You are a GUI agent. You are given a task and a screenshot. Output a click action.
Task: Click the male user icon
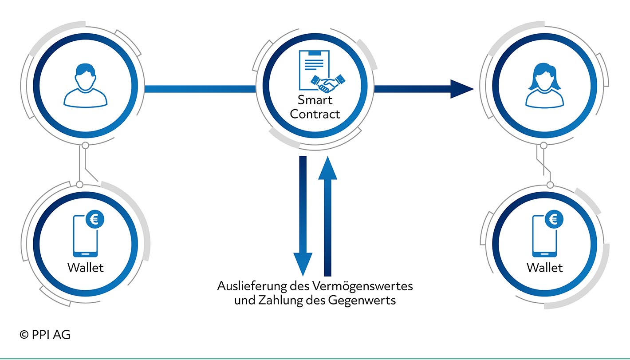click(86, 86)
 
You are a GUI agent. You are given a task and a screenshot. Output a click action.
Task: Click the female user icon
click(544, 86)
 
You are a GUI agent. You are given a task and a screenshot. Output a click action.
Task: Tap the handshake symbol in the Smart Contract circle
click(328, 83)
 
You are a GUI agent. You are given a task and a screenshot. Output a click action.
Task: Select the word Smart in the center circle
click(315, 100)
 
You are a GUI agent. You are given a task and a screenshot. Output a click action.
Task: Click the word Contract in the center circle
click(315, 114)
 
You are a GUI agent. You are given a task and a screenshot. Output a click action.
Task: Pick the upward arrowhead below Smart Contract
click(328, 168)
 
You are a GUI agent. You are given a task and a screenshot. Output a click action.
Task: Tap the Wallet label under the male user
click(86, 267)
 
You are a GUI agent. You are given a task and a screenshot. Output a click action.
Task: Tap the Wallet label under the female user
click(544, 267)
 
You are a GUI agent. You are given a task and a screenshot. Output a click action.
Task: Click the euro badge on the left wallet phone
click(95, 219)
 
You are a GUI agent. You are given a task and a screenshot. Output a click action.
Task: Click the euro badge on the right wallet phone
click(554, 219)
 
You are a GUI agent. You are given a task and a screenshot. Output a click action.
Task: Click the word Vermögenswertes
click(362, 286)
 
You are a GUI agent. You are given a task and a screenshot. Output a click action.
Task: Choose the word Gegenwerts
click(362, 301)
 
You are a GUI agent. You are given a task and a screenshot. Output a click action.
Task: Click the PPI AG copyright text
click(45, 335)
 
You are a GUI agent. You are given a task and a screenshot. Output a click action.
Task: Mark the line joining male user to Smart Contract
click(200, 89)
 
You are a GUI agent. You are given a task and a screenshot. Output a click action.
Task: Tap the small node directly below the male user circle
click(86, 146)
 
